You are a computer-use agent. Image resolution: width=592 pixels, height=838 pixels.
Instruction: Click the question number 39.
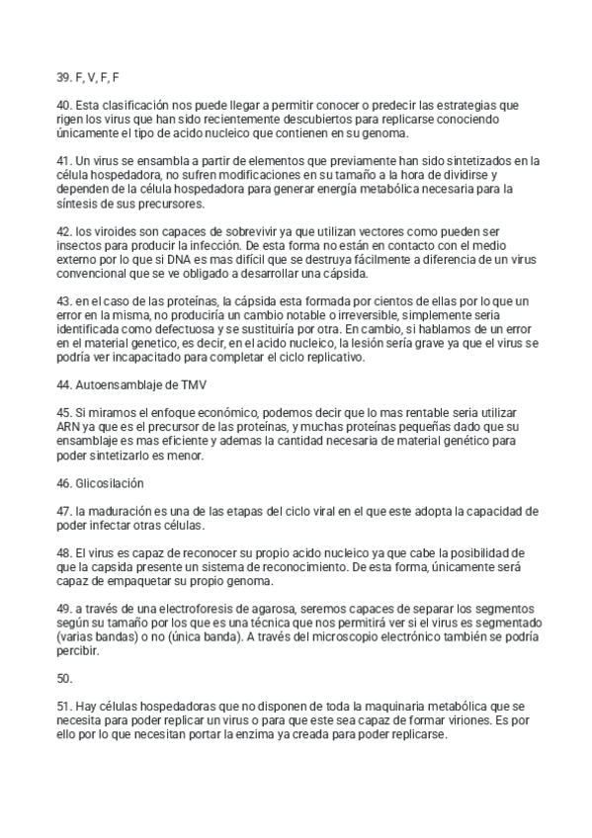(x=64, y=76)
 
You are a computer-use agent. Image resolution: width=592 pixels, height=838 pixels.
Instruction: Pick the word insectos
(x=82, y=246)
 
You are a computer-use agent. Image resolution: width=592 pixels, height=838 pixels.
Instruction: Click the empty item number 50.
(x=65, y=679)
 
